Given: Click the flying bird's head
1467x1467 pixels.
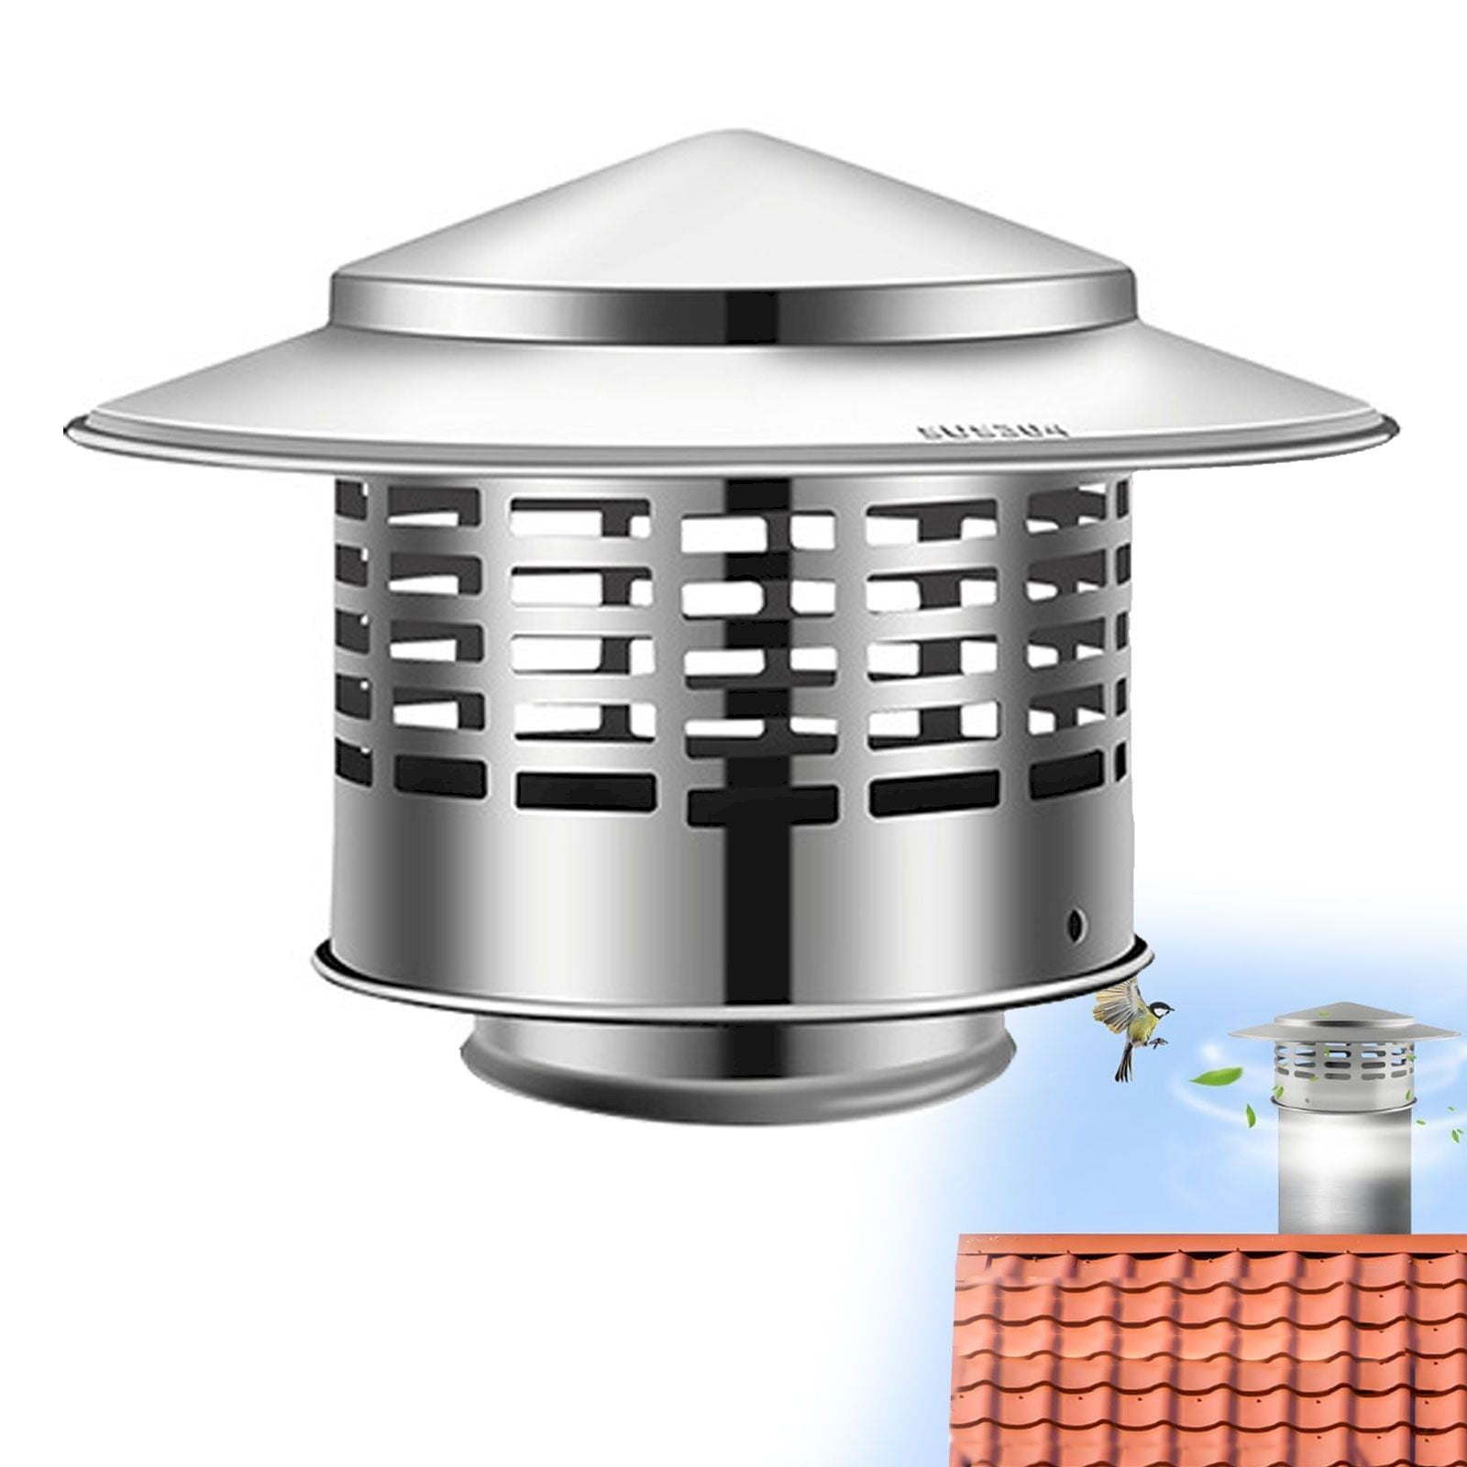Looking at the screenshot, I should click(1159, 1010).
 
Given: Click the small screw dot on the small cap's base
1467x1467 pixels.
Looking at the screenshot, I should click(1307, 1100).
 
